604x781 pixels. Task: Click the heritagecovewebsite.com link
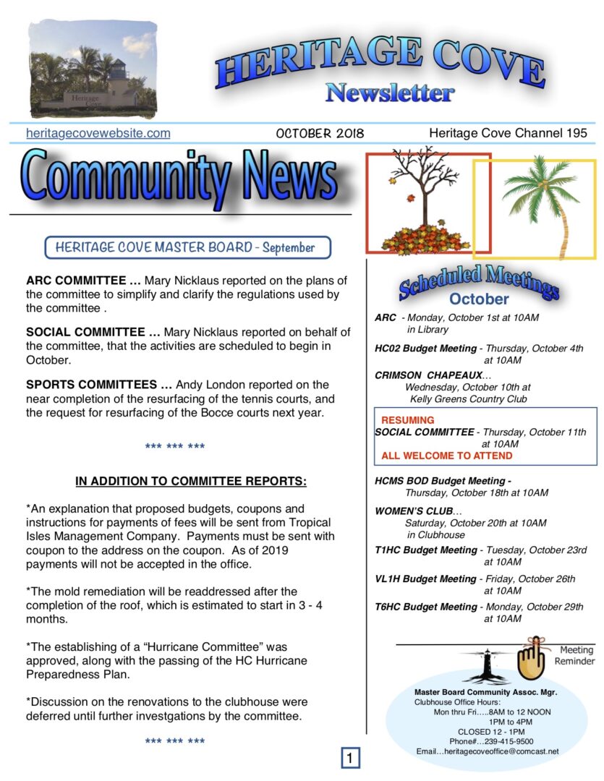(x=98, y=133)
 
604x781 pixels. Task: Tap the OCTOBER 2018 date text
(x=320, y=133)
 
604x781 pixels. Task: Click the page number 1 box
(x=350, y=759)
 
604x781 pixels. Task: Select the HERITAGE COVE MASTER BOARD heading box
(x=187, y=247)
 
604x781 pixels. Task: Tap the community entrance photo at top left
(x=93, y=69)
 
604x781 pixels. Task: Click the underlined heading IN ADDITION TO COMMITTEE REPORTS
(x=191, y=482)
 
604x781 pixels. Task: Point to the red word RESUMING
(x=407, y=420)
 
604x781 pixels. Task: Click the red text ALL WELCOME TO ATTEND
(x=447, y=456)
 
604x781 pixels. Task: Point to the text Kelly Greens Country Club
(x=468, y=399)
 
